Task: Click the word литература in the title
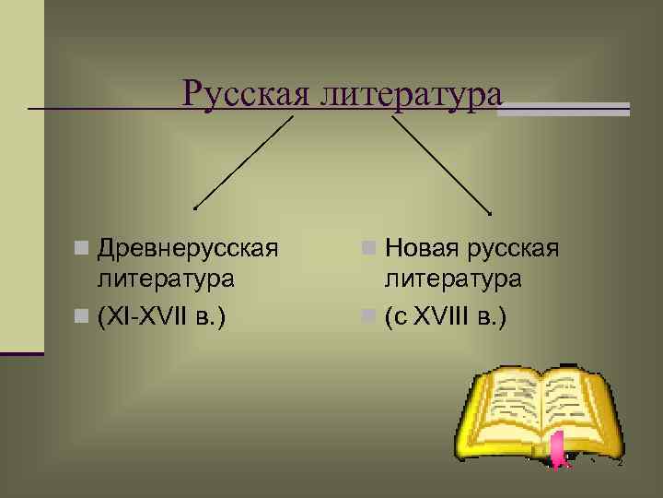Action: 411,93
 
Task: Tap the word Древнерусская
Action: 188,248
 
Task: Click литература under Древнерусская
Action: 165,278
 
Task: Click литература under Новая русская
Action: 453,278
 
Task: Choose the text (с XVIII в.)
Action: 446,317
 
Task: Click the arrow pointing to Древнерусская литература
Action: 241,165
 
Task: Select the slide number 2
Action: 620,463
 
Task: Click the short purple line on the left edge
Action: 22,353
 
